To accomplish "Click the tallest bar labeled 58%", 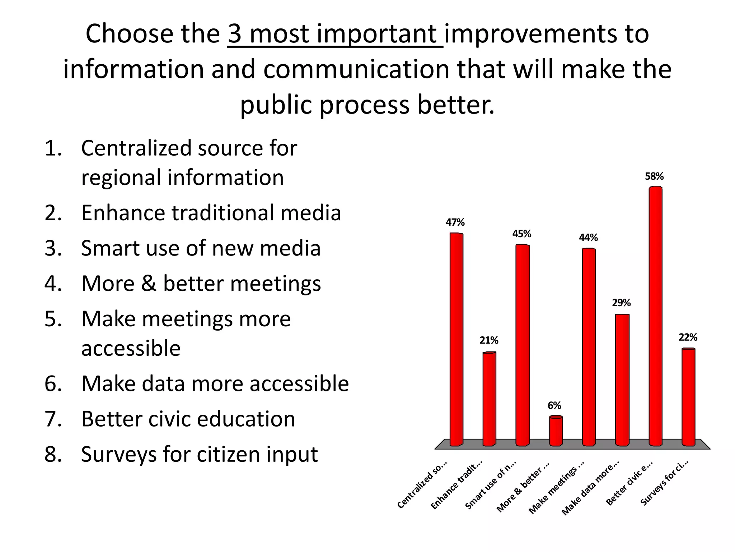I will pyautogui.click(x=655, y=316).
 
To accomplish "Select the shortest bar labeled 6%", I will pyautogui.click(x=556, y=431).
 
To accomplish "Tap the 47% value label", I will pyautogui.click(x=455, y=222).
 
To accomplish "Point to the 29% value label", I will pyautogui.click(x=621, y=303).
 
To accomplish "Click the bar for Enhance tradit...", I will pyautogui.click(x=489, y=399).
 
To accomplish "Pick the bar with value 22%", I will pyautogui.click(x=688, y=397).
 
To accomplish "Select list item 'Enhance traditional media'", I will pyautogui.click(x=211, y=213).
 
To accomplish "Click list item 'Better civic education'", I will pyautogui.click(x=188, y=419).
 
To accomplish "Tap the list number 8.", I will pyautogui.click(x=53, y=454).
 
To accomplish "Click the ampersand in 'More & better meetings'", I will pyautogui.click(x=149, y=284).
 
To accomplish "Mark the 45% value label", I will pyautogui.click(x=521, y=234).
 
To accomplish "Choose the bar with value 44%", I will pyautogui.click(x=589, y=347).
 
